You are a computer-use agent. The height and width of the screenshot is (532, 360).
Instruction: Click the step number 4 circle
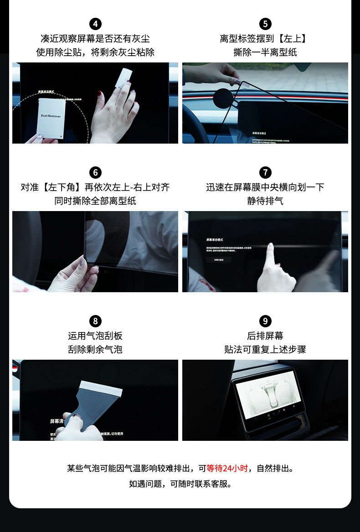95,24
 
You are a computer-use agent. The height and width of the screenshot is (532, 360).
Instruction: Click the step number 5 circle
265,24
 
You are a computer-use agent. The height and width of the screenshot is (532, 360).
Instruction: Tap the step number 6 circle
95,173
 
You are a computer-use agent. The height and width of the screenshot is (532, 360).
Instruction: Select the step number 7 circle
265,173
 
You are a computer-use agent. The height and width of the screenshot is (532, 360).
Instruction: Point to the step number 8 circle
95,321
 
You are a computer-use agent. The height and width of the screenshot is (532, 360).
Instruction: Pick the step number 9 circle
265,321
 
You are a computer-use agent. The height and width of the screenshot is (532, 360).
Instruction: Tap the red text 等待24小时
227,468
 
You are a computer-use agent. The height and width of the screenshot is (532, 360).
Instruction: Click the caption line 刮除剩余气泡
95,350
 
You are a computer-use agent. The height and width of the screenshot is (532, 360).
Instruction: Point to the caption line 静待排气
265,201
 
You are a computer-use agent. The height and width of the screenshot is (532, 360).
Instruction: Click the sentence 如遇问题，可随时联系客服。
180,484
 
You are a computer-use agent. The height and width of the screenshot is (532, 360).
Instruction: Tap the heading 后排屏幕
265,336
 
